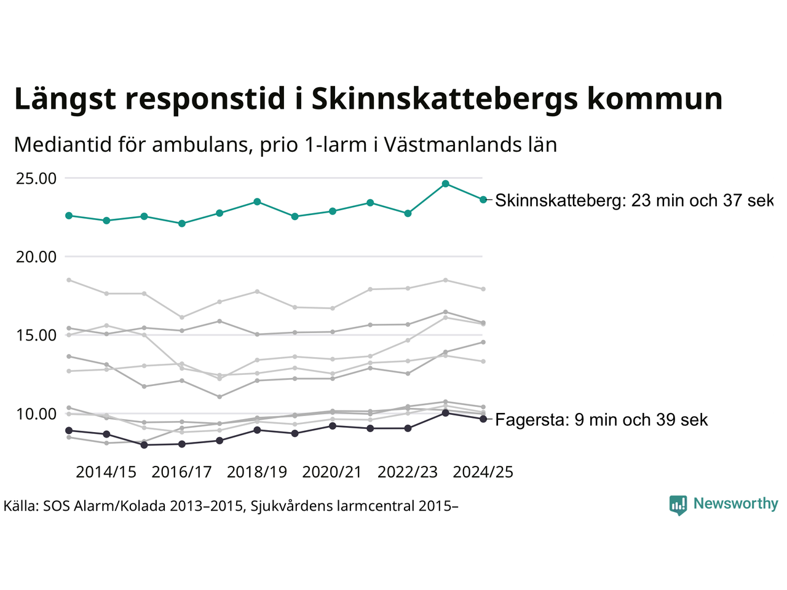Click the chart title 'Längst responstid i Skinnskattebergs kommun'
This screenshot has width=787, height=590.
click(x=368, y=99)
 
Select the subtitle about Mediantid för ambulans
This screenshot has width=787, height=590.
click(x=285, y=145)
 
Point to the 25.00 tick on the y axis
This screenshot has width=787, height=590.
click(x=36, y=179)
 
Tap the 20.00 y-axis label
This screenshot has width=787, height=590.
click(x=36, y=257)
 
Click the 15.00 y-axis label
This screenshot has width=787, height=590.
click(x=36, y=336)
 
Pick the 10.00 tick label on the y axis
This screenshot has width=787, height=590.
click(x=36, y=414)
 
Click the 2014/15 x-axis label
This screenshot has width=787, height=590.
click(x=106, y=472)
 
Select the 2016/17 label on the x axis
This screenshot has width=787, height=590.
click(x=181, y=472)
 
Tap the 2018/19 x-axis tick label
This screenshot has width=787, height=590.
click(x=257, y=472)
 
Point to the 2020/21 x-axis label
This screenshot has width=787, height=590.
click(x=332, y=472)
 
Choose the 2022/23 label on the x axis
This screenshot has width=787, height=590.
click(x=408, y=472)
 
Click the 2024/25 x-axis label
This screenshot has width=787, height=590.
click(x=483, y=472)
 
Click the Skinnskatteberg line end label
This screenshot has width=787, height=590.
click(x=633, y=200)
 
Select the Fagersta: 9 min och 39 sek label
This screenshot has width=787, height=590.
click(x=601, y=420)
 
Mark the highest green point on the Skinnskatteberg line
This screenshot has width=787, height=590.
click(x=446, y=184)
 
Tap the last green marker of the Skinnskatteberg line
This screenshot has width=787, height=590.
click(x=483, y=199)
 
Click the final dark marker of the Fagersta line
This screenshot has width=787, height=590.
click(x=483, y=419)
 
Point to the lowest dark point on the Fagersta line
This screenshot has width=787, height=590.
click(x=144, y=445)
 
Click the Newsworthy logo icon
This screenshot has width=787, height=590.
click(x=678, y=505)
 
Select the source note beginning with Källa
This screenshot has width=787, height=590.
click(x=231, y=506)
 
